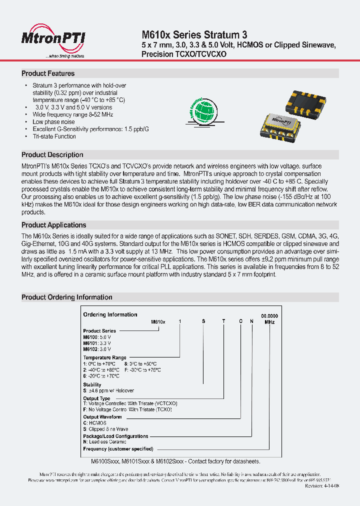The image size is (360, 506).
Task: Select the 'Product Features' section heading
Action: [48, 73]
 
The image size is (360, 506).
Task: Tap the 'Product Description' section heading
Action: [52, 155]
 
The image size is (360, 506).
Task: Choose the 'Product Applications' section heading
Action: [54, 225]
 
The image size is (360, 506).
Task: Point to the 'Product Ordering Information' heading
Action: [66, 297]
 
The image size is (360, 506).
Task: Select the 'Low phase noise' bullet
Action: [53, 122]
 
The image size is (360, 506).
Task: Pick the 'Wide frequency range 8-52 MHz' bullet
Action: [73, 114]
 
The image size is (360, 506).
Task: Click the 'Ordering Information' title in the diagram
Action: [110, 314]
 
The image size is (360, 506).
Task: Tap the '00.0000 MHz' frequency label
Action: [269, 319]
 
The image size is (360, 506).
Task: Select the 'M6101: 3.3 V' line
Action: [97, 343]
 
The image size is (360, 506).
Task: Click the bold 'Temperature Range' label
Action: [104, 358]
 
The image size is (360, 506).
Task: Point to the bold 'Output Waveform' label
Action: [102, 417]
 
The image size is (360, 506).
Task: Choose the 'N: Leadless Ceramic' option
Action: [104, 442]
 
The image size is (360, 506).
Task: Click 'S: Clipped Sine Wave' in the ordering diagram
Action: [105, 429]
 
